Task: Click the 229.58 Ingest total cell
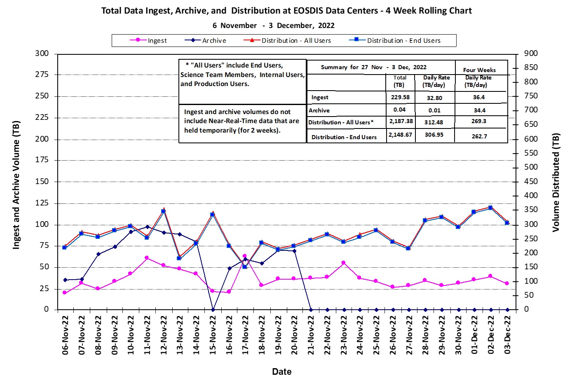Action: [400, 97]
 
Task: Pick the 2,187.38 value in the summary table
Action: [401, 121]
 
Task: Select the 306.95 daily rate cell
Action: [434, 135]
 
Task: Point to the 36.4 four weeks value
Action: [479, 97]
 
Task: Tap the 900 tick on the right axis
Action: [531, 53]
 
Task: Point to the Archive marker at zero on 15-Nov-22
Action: [213, 310]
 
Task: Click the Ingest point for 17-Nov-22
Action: [245, 256]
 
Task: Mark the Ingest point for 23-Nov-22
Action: [343, 263]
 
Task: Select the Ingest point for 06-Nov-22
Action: [65, 292]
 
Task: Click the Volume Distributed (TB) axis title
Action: [556, 182]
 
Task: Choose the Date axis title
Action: [282, 371]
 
